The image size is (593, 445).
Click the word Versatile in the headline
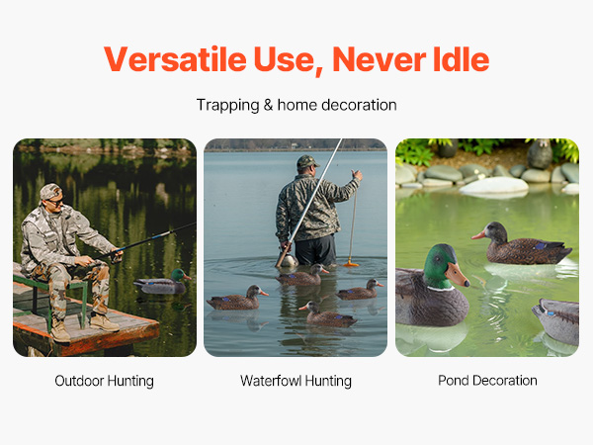175,59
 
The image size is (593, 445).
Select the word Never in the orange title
379,59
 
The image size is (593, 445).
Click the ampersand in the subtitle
268,105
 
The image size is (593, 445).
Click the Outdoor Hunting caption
105,381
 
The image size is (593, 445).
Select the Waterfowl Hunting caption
296,381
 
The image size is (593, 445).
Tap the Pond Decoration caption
487,381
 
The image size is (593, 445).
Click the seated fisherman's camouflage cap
50,191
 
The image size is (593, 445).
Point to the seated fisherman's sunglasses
56,202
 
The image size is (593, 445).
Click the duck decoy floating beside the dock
163,283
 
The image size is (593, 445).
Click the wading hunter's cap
307,162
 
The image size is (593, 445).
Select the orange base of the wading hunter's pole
351,263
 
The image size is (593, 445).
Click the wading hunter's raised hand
357,174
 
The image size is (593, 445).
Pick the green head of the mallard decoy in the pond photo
440,266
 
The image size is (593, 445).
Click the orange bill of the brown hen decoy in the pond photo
478,235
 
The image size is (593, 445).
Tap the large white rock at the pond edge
493,186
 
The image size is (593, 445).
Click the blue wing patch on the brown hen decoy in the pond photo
540,246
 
